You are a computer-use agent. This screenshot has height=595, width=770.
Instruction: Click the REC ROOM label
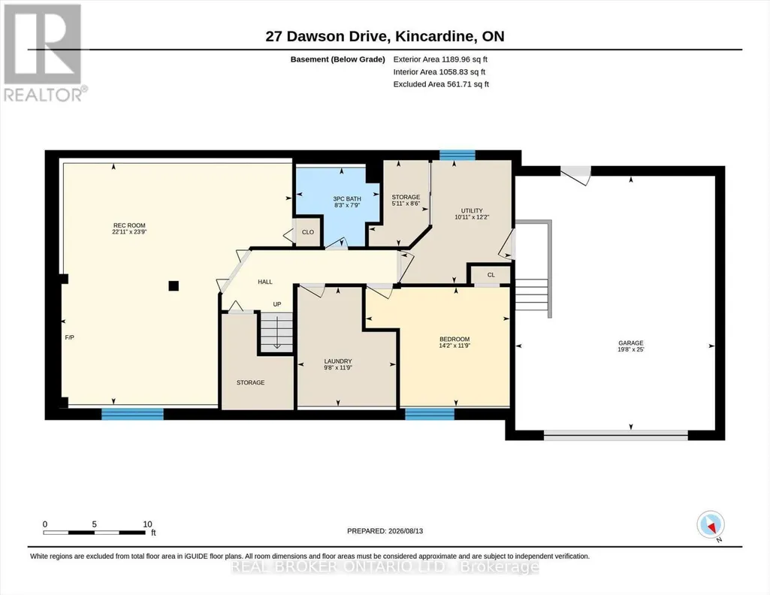(x=129, y=226)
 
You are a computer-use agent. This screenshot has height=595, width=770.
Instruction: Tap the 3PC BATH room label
(x=347, y=199)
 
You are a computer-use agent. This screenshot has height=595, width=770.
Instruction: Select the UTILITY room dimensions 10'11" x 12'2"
(x=472, y=217)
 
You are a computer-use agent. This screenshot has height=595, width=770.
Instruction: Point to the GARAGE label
(x=630, y=343)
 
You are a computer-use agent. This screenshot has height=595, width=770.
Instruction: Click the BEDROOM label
(x=454, y=340)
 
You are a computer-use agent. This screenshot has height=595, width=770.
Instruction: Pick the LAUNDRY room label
(x=338, y=361)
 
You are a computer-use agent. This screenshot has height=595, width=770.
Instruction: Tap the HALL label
(x=265, y=282)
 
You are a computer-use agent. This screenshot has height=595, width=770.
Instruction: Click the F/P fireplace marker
(x=69, y=337)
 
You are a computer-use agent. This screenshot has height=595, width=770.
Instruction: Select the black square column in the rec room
(x=174, y=285)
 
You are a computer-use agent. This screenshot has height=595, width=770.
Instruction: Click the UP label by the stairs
(x=277, y=304)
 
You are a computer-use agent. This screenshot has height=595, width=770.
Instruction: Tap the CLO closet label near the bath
(x=308, y=232)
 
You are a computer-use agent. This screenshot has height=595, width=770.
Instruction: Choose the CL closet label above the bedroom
(x=491, y=275)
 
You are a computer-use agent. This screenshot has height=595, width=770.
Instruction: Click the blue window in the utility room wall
(x=457, y=155)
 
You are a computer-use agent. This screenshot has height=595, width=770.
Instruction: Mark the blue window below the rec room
(x=132, y=415)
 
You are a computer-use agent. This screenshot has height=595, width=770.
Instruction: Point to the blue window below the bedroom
(x=430, y=415)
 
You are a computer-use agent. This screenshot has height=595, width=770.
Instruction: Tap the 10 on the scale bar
(x=147, y=524)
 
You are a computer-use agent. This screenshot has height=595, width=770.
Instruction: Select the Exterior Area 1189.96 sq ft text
(x=440, y=59)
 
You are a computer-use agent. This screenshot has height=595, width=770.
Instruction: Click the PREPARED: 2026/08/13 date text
(x=385, y=531)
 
